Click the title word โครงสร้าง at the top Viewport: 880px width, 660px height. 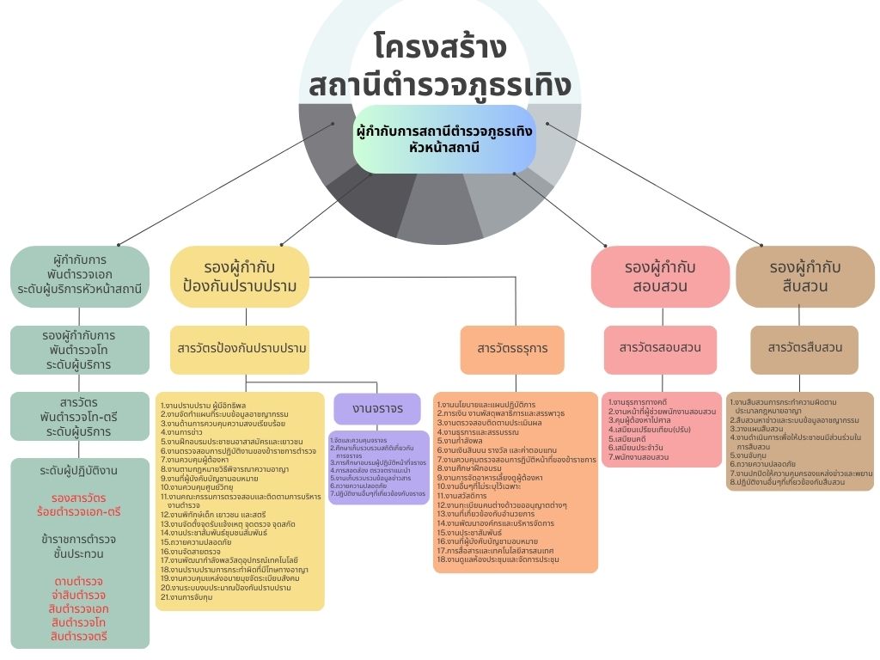[x=441, y=46]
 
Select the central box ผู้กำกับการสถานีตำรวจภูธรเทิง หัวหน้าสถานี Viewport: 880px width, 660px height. [x=444, y=138]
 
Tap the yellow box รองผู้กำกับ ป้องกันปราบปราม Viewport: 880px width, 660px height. [x=240, y=276]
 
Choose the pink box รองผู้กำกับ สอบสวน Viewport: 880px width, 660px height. [x=659, y=276]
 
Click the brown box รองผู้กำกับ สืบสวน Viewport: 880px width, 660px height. [x=805, y=276]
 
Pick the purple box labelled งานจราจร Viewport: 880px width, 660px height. [x=377, y=408]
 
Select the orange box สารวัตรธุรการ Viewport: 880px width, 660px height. [x=512, y=349]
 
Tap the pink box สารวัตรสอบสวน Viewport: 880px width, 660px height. [x=659, y=347]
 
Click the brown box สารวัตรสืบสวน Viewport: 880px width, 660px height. [x=804, y=348]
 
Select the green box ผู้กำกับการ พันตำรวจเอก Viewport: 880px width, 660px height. [x=80, y=274]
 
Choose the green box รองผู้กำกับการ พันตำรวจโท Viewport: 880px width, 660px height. [x=80, y=350]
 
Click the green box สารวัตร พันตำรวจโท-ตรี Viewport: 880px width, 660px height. [x=80, y=417]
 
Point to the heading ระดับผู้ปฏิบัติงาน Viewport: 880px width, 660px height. [x=79, y=471]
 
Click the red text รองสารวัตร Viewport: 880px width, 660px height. [x=79, y=498]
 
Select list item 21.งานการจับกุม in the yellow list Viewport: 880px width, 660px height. [x=186, y=596]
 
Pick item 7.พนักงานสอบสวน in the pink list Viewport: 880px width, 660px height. [x=639, y=457]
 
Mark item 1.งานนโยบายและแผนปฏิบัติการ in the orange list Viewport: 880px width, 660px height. [x=486, y=404]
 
